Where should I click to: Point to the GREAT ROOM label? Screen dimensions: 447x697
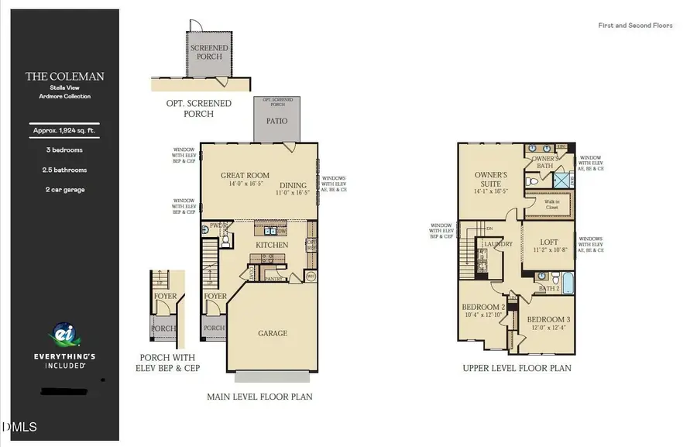point(245,176)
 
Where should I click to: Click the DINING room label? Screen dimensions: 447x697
point(294,185)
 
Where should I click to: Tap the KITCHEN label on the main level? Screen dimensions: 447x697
point(273,245)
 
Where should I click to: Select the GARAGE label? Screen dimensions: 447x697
point(273,333)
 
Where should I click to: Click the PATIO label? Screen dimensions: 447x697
point(276,121)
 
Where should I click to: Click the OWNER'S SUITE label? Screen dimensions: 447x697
point(490,179)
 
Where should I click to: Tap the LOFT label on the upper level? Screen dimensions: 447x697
point(548,242)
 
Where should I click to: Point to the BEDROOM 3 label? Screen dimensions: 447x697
point(548,319)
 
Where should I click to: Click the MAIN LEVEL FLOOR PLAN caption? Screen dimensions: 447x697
point(259,397)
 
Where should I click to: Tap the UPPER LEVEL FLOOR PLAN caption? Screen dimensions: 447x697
point(517,368)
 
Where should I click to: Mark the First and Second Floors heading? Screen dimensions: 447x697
point(635,26)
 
